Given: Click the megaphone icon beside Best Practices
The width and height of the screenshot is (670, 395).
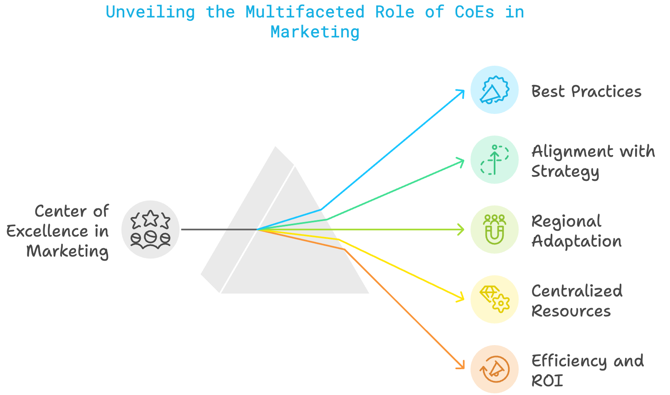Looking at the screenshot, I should click(494, 90).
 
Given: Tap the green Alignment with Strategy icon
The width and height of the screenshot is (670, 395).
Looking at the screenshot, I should click(494, 160).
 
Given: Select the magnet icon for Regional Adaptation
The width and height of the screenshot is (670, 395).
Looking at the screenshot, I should click(494, 230).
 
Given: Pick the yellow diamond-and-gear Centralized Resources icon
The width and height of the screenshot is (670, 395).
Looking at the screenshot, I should click(494, 299).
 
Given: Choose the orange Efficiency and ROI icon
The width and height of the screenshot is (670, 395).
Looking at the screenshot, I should click(494, 369).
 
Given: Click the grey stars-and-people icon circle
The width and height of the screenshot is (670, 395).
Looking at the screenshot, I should click(150, 230).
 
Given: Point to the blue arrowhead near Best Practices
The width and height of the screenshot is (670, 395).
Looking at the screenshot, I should click(461, 92).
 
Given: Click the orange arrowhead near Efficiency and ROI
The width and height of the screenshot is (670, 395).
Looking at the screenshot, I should click(461, 366).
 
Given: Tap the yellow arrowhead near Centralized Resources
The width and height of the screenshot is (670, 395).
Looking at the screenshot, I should click(461, 298).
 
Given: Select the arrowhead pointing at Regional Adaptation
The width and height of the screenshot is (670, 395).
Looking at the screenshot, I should click(461, 230).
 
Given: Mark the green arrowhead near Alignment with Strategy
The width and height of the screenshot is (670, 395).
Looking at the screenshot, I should click(461, 161).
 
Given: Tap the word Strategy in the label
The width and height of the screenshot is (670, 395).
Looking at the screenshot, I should click(565, 172).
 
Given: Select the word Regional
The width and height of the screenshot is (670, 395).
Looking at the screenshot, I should click(567, 222).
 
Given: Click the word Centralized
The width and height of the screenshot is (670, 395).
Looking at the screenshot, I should click(577, 291).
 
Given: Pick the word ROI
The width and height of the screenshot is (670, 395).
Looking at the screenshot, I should click(547, 381).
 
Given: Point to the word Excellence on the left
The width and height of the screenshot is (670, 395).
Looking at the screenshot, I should click(47, 231).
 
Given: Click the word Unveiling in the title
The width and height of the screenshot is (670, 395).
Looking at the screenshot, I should click(150, 12).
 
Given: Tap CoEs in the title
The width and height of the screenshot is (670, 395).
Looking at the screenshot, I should click(474, 12).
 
